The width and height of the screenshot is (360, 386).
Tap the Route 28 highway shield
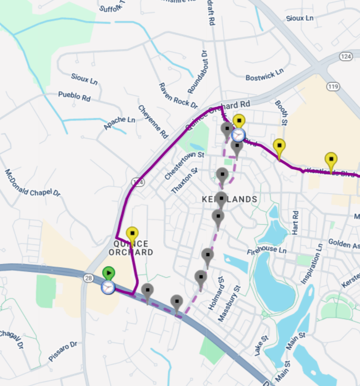(x=87, y=278)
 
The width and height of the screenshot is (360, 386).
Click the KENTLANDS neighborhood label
(x=230, y=200)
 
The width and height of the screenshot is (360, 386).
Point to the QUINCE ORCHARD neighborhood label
(x=131, y=248)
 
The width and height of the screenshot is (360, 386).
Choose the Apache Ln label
(x=119, y=123)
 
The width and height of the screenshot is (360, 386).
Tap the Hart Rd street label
(x=296, y=222)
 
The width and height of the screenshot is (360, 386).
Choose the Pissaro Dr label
(x=62, y=351)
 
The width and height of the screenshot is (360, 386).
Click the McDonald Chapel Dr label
(x=32, y=183)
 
